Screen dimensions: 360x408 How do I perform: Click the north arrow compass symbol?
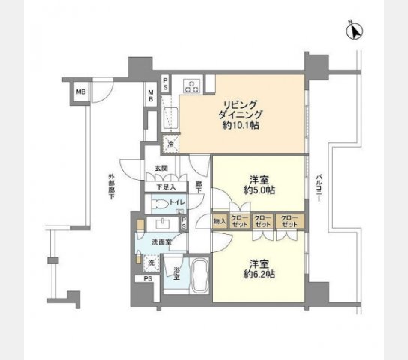353,31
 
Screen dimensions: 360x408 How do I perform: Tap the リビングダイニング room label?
241,109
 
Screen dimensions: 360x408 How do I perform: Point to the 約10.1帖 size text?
241,126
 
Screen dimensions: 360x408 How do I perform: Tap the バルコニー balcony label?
321,184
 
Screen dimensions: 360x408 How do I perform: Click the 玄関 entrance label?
161,169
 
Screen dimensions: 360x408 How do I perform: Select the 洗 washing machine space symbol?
151,263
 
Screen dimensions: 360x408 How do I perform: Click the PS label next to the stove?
166,80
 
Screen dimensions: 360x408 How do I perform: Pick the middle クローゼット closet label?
262,222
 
